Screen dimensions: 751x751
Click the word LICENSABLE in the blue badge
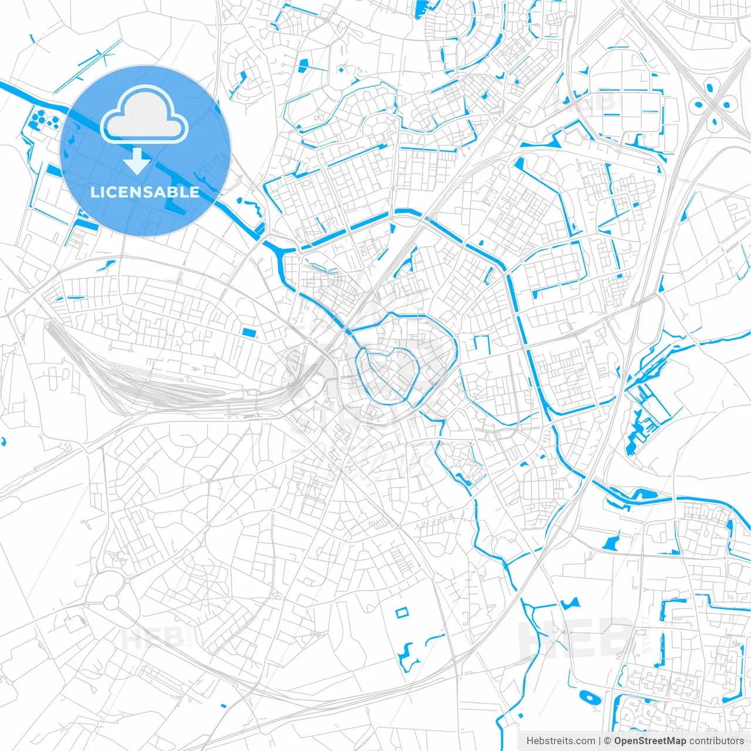pyautogui.click(x=145, y=192)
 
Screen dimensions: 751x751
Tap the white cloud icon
pyautogui.click(x=144, y=114)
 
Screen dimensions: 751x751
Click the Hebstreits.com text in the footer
pyautogui.click(x=561, y=741)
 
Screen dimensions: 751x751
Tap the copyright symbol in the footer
pyautogui.click(x=608, y=741)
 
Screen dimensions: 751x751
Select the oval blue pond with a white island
pyautogui.click(x=589, y=698)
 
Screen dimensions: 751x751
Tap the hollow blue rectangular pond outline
pyautogui.click(x=401, y=613)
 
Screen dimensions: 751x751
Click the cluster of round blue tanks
pyautogui.click(x=43, y=119)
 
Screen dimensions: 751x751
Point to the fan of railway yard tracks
pyautogui.click(x=147, y=381)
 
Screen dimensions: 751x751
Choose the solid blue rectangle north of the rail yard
pyautogui.click(x=249, y=333)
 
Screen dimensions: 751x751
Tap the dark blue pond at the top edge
pyautogui.click(x=420, y=8)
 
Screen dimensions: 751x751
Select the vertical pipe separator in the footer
pyautogui.click(x=599, y=741)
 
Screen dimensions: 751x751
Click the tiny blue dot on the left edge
pyautogui.click(x=3, y=441)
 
